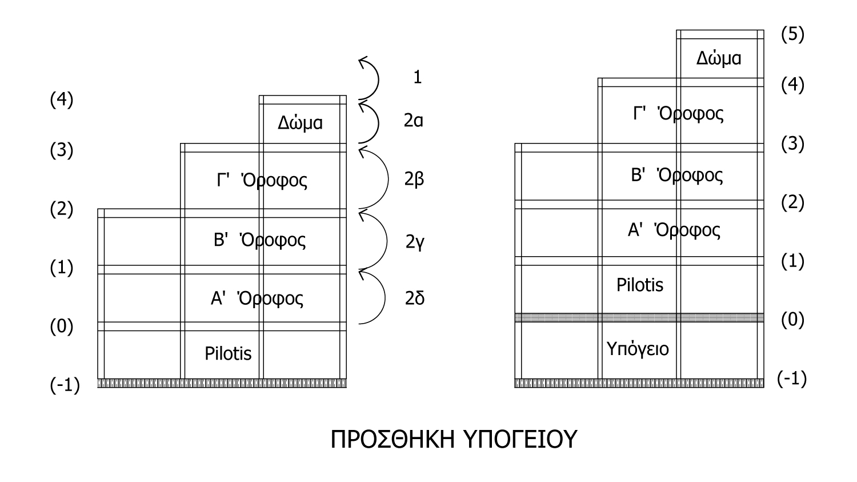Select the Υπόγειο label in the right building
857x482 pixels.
[638, 348]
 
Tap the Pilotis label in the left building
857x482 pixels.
[228, 353]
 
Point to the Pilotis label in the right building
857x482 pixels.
[640, 285]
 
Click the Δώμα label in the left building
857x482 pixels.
[301, 122]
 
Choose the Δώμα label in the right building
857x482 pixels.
[719, 58]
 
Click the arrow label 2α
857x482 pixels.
[414, 121]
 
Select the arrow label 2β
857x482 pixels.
[414, 180]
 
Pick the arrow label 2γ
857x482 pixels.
[415, 242]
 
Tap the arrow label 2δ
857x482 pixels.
[415, 298]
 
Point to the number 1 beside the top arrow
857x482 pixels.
[418, 77]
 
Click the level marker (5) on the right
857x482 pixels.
[792, 34]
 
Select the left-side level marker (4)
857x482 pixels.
[62, 100]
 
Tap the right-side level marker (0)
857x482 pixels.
[792, 320]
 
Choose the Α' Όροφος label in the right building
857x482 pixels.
[674, 230]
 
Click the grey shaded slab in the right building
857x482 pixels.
[639, 317]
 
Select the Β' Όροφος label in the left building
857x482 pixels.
[260, 240]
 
